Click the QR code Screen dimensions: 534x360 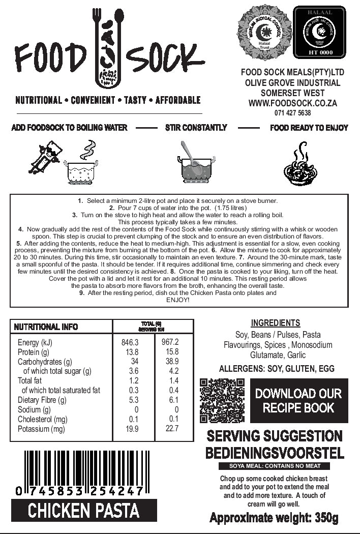(x=222, y=401)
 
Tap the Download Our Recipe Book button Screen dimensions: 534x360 (x=298, y=401)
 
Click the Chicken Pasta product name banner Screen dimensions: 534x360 (x=84, y=510)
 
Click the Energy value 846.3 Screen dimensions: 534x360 (x=130, y=342)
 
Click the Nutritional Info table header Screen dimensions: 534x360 (x=46, y=327)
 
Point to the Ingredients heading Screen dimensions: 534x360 (x=276, y=323)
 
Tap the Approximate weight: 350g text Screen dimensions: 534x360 (x=274, y=518)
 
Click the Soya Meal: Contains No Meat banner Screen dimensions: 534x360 (x=274, y=466)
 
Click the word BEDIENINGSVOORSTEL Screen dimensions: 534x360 (x=275, y=453)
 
